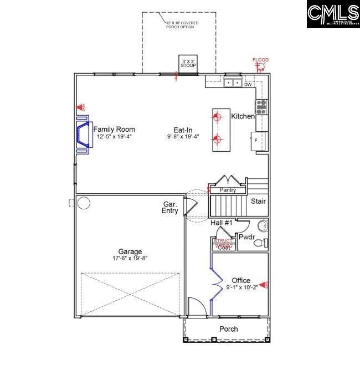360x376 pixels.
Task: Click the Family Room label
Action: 114,129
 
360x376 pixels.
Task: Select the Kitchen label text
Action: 243,116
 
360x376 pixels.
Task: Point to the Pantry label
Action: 228,190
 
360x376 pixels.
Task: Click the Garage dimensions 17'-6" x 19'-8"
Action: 129,258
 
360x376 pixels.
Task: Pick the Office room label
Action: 241,280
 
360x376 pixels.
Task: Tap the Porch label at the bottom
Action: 229,329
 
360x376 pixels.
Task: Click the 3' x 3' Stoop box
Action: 188,63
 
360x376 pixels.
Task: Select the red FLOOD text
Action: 260,60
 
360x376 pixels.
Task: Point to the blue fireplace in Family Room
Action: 83,136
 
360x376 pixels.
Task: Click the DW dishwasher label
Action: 248,85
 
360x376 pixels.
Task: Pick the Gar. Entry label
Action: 169,207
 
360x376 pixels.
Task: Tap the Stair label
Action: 258,202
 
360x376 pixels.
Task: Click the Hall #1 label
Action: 221,222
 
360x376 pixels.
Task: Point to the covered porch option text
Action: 183,25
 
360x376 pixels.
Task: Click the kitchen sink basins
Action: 233,83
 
